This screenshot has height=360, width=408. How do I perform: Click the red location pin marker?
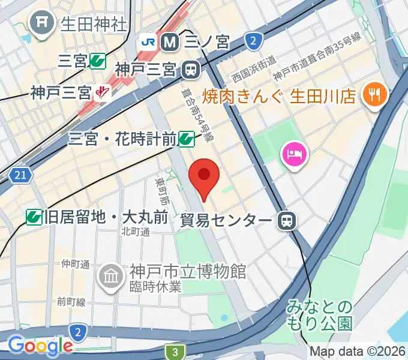pos(204,175)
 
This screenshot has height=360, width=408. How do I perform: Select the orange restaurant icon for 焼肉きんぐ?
pos(376,95)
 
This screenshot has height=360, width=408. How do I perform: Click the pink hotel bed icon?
pos(295,154)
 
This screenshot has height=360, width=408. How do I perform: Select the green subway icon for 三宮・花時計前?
pos(187,139)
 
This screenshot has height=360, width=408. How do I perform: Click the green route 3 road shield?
pos(175,352)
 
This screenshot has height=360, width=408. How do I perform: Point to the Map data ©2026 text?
pos(358,352)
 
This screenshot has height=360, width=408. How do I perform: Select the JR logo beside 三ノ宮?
pos(148,42)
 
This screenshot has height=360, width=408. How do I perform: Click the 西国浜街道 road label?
pos(254,68)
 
